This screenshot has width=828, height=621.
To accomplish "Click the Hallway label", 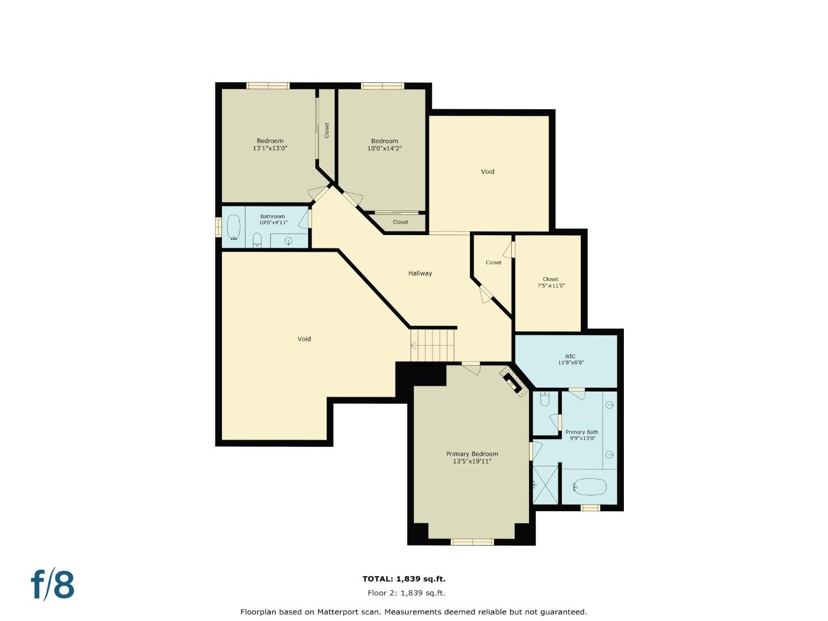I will coord(420,273).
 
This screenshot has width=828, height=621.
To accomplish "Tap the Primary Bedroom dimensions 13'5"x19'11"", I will coord(472,461).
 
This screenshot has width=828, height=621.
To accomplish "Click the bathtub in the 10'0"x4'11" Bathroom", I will coord(233,227).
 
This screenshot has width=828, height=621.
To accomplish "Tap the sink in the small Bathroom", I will coord(289,241).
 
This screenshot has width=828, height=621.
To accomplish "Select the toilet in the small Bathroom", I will coord(257,240).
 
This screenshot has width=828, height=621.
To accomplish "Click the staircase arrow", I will coord(414,345).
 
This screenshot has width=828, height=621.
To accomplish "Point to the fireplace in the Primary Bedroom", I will coord(513,381).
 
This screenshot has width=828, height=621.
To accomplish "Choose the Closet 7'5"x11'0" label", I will coord(551,282).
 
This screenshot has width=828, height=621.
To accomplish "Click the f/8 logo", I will coord(53,585).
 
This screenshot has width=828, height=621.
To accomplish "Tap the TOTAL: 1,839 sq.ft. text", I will coord(404,579).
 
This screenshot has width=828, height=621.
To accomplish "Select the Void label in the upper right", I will coord(488,171).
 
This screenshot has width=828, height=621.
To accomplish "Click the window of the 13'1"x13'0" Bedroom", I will coord(267,86).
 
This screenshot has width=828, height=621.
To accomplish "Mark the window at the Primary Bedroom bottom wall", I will coord(472,542).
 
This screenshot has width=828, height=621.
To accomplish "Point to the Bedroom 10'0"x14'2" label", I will coord(384,144).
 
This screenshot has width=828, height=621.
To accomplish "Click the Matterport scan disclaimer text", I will coord(413,612).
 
